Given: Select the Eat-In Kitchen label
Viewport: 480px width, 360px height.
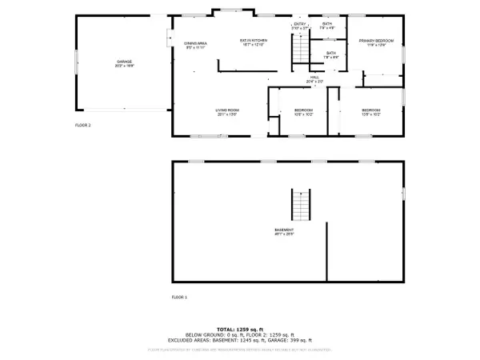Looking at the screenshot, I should (x=254, y=42).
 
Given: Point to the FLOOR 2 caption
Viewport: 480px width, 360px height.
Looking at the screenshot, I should (x=83, y=126).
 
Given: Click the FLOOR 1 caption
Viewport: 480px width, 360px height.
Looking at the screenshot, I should (x=179, y=297).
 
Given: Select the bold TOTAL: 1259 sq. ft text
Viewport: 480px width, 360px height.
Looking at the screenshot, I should (x=240, y=329).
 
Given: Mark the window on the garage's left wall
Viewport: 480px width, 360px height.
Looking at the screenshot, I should (x=76, y=62).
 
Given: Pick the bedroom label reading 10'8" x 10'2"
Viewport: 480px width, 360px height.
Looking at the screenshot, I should (x=303, y=112).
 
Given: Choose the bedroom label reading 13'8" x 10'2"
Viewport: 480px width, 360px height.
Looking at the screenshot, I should (x=370, y=112).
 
